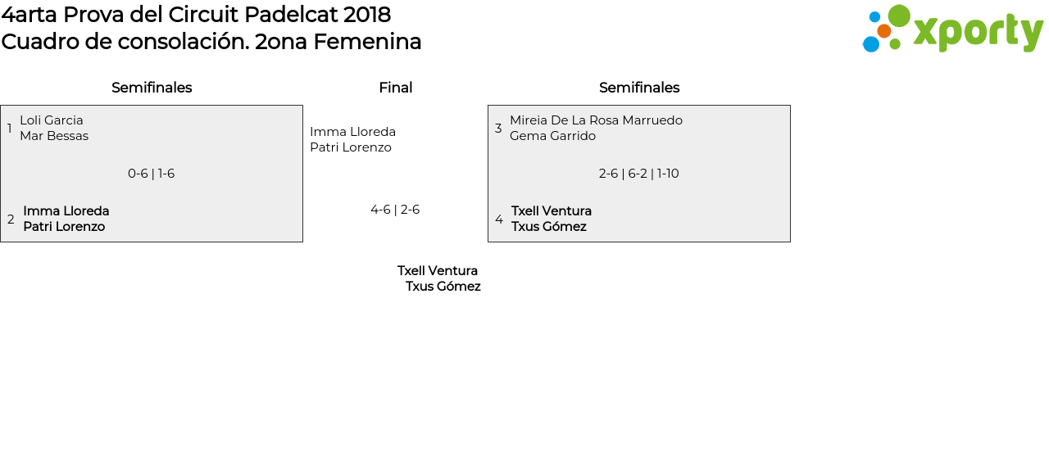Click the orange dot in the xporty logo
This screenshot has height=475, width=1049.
point(883,31)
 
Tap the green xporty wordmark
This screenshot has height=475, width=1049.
point(978,33)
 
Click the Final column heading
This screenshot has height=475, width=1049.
point(395,88)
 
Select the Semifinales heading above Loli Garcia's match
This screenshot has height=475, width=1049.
point(152,88)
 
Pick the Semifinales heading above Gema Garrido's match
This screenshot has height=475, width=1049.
point(639,88)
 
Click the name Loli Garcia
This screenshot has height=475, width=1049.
point(52,120)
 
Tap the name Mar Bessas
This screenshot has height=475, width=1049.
point(54,136)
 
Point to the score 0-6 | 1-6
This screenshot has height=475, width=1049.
point(152,174)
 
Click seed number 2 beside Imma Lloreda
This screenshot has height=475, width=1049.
point(11,219)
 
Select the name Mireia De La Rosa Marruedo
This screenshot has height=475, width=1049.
point(596,120)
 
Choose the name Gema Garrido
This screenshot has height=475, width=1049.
point(552,136)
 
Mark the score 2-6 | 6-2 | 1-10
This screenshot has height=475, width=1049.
point(639,174)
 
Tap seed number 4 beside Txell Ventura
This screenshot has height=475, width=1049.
point(499,219)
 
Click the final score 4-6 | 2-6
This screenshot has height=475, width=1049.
point(395,210)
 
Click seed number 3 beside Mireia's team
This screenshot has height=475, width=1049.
point(498,129)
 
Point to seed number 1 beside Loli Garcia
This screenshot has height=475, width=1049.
point(10,129)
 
